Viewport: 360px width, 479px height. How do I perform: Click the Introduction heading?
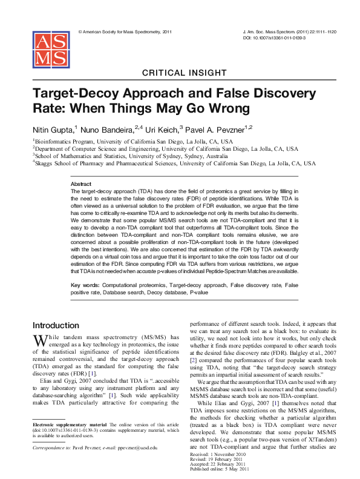click(56, 325)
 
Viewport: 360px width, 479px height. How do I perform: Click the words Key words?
click(85, 285)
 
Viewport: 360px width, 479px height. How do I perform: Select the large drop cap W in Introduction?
click(39, 340)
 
